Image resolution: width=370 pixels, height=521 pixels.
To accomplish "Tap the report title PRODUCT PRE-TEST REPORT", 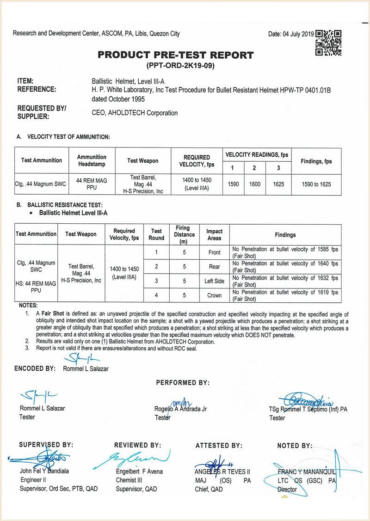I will pyautogui.click(x=176, y=55).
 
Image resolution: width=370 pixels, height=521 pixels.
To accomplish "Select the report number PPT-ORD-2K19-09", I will pyautogui.click(x=180, y=66).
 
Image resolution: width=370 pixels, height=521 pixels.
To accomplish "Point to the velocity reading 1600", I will pyautogui.click(x=254, y=184).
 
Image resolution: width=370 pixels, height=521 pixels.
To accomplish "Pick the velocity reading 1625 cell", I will pyautogui.click(x=278, y=184).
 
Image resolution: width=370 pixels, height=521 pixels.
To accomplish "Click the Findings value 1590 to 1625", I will pyautogui.click(x=316, y=184).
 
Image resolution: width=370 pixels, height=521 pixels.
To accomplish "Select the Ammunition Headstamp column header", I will pyautogui.click(x=92, y=160).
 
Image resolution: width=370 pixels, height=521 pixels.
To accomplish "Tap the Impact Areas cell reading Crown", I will pyautogui.click(x=214, y=295).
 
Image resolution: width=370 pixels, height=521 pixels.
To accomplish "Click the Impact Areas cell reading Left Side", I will pyautogui.click(x=214, y=281).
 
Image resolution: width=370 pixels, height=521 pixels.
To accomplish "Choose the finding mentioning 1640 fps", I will pyautogui.click(x=285, y=267).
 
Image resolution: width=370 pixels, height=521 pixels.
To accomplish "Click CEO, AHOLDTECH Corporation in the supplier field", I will pyautogui.click(x=135, y=113).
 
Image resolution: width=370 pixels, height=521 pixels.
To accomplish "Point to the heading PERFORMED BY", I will pyautogui.click(x=183, y=383).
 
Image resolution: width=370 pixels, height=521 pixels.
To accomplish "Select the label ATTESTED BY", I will pyautogui.click(x=219, y=446).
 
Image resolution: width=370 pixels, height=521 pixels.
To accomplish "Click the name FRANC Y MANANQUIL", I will pyautogui.click(x=306, y=472).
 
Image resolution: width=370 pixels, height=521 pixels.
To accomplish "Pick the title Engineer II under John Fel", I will pyautogui.click(x=32, y=480).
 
